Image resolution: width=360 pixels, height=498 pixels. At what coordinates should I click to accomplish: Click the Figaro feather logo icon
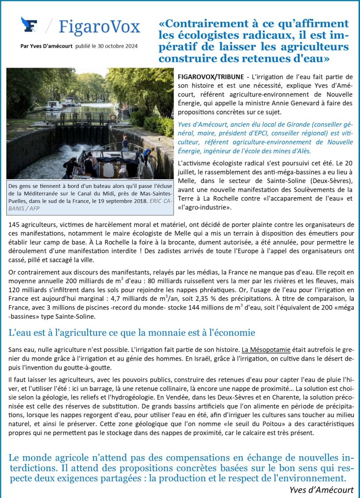point(29,25)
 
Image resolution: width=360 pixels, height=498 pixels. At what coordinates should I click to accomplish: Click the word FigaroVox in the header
point(99,26)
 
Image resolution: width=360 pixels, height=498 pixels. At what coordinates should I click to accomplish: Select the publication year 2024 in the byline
point(129,46)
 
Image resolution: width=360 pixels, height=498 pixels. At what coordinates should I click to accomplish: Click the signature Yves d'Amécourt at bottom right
point(321,490)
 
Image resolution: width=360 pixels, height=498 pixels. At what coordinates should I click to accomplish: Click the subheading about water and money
point(132,332)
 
